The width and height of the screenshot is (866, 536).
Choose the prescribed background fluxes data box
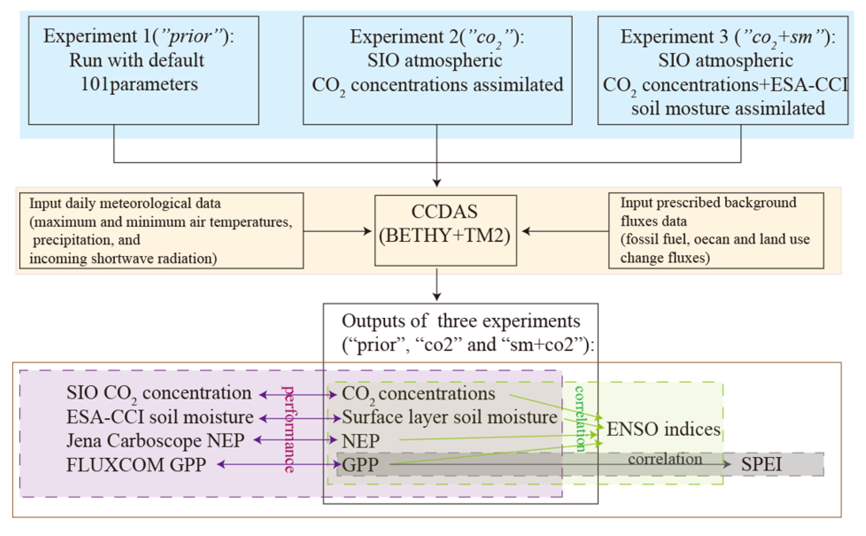click(715, 230)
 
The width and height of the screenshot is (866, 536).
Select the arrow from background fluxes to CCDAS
click(566, 231)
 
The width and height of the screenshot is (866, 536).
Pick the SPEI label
click(761, 464)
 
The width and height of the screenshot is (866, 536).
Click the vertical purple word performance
click(289, 429)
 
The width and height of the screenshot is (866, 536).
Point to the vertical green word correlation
click(579, 419)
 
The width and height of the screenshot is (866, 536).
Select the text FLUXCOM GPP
click(136, 465)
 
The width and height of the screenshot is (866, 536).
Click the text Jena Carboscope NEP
click(155, 441)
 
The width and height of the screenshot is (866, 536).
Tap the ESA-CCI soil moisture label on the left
click(160, 417)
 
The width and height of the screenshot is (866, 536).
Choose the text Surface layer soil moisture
click(449, 417)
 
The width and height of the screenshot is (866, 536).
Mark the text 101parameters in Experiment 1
click(139, 84)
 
